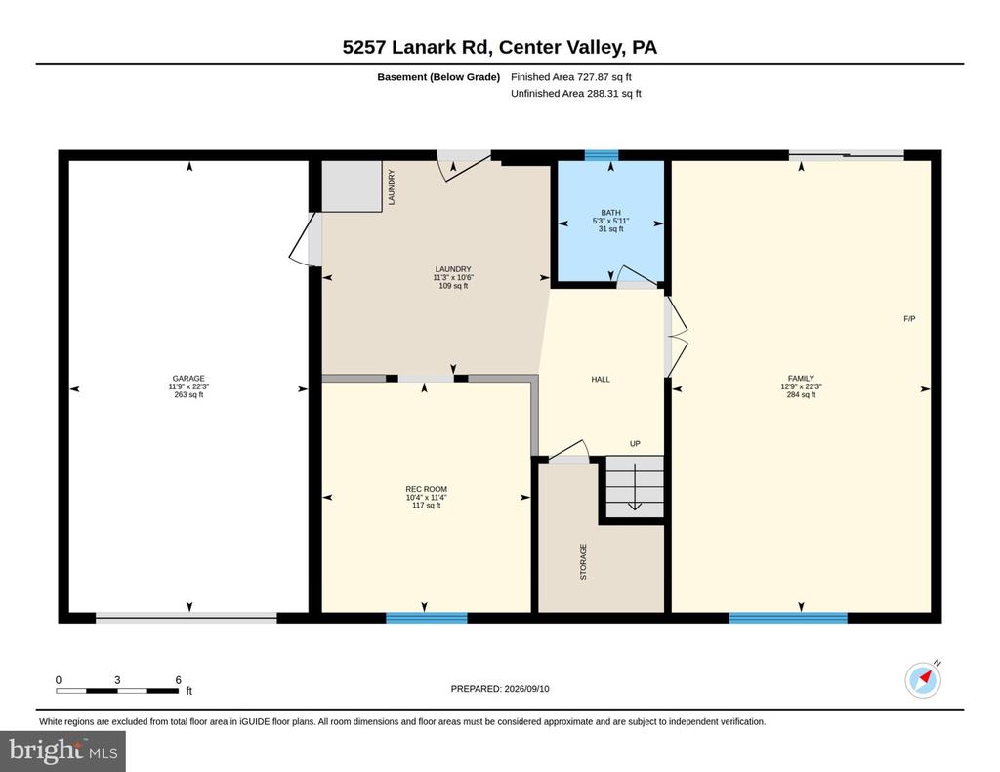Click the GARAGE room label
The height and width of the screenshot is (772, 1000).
point(188,378)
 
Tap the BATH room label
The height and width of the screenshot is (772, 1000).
point(610,213)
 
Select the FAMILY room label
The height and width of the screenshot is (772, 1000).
point(801,378)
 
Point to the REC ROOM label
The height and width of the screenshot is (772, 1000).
point(426,489)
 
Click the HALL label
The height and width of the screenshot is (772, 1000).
point(601,380)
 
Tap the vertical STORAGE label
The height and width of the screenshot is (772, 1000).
point(583,561)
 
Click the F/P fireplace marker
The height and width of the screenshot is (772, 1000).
point(909,319)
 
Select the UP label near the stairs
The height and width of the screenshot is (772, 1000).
point(635,444)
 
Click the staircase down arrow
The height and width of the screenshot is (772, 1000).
point(635,487)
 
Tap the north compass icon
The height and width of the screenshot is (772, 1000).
point(923,679)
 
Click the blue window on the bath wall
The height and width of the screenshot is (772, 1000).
point(602,155)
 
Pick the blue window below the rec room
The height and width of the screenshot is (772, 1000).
point(427,618)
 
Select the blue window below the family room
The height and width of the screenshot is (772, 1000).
point(788,618)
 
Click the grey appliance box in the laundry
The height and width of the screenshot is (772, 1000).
point(352,185)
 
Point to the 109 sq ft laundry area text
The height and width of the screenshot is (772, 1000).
point(453,286)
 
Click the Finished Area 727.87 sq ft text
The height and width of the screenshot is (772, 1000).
point(570,77)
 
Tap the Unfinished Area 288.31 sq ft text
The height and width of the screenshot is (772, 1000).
point(576,93)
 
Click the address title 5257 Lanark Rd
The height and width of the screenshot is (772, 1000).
point(499,47)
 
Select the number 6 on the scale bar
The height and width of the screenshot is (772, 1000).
point(179,680)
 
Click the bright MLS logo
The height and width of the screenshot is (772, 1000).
point(62,751)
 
